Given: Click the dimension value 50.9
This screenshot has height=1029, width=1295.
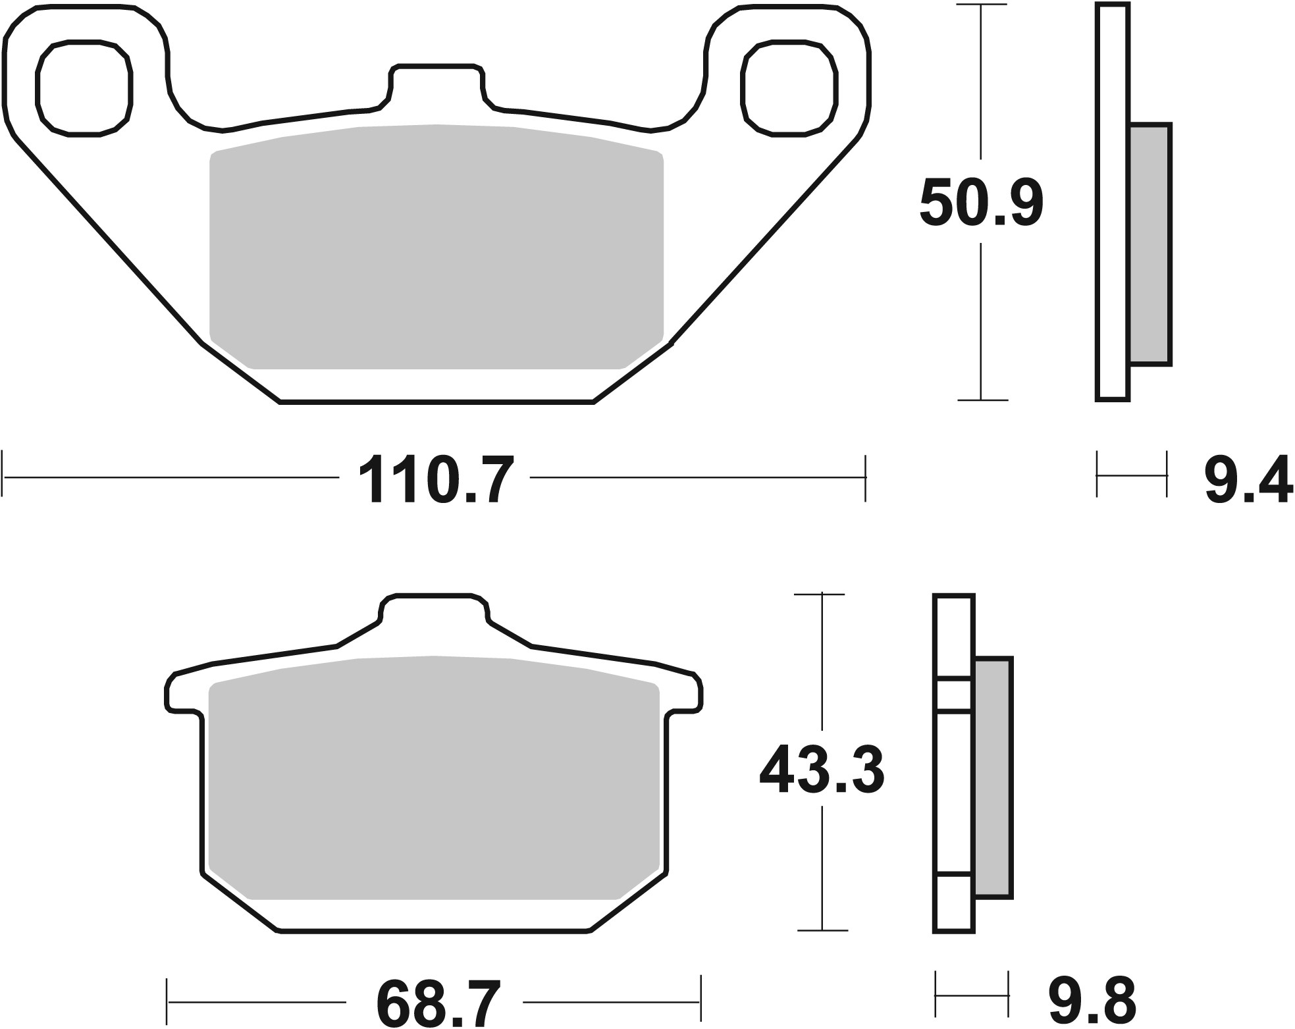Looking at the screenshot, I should pos(981,203).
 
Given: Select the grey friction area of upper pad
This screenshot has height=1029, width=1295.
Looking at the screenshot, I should pos(436,247).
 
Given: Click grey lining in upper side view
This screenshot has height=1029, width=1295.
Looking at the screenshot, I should pos(1150,244).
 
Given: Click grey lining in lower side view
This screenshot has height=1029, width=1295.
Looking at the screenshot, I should pos(993,777).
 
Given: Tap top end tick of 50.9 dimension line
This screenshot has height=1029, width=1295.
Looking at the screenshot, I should pos(982,5).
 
